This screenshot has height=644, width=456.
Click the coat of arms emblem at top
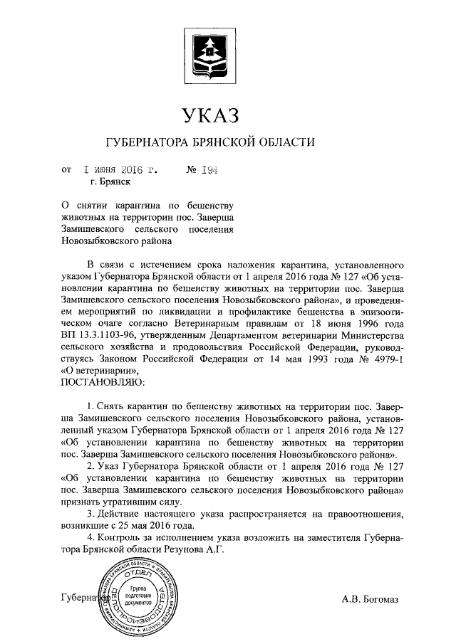210,54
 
